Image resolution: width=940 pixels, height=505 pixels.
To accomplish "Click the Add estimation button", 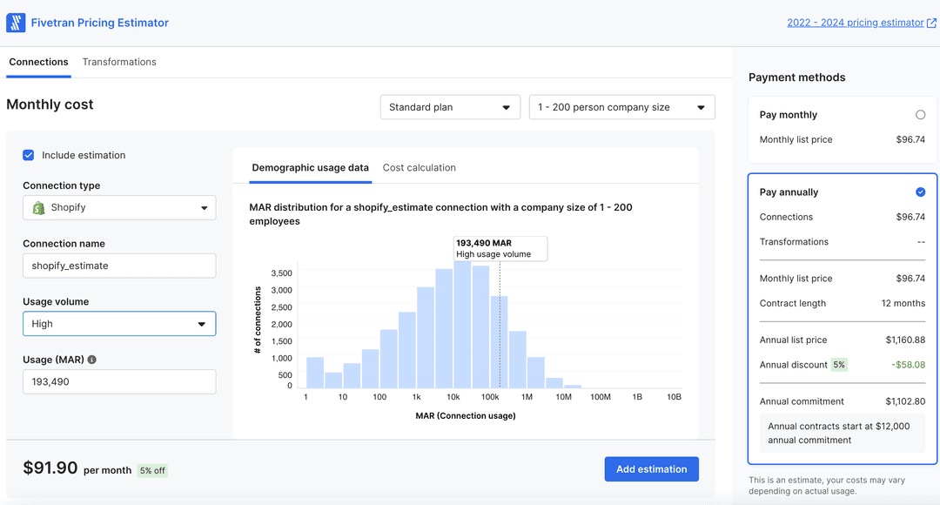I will pyautogui.click(x=651, y=469).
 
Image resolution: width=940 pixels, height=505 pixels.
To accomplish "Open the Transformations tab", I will pyautogui.click(x=119, y=62).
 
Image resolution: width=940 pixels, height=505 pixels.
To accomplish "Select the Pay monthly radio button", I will pyautogui.click(x=920, y=115).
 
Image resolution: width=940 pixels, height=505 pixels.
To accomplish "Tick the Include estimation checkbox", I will pyautogui.click(x=29, y=155).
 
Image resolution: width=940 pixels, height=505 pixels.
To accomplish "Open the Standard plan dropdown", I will pyautogui.click(x=450, y=107).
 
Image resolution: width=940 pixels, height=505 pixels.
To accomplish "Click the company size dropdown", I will pyautogui.click(x=621, y=107).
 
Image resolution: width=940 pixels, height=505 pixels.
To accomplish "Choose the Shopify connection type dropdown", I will pyautogui.click(x=119, y=208).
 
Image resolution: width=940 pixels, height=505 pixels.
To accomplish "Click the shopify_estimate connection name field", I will pyautogui.click(x=119, y=266).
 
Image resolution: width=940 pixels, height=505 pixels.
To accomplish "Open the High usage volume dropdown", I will pyautogui.click(x=119, y=324).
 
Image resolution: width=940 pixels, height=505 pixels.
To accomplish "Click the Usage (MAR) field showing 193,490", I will pyautogui.click(x=119, y=381).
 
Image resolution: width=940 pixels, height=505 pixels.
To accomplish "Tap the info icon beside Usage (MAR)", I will pyautogui.click(x=92, y=360).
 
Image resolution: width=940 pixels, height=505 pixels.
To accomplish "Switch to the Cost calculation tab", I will pyautogui.click(x=419, y=167).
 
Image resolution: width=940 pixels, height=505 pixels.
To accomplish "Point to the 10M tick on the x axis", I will pyautogui.click(x=563, y=397).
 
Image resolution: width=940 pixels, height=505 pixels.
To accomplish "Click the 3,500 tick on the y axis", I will pyautogui.click(x=281, y=273).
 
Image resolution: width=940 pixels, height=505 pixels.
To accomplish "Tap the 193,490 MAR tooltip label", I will pyautogui.click(x=500, y=248).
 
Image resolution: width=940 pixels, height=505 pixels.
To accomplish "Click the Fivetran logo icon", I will pyautogui.click(x=16, y=23).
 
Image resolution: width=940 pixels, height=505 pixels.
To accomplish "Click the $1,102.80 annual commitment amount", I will pyautogui.click(x=905, y=401).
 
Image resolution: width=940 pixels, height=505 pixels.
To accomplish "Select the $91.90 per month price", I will pyautogui.click(x=50, y=468).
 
